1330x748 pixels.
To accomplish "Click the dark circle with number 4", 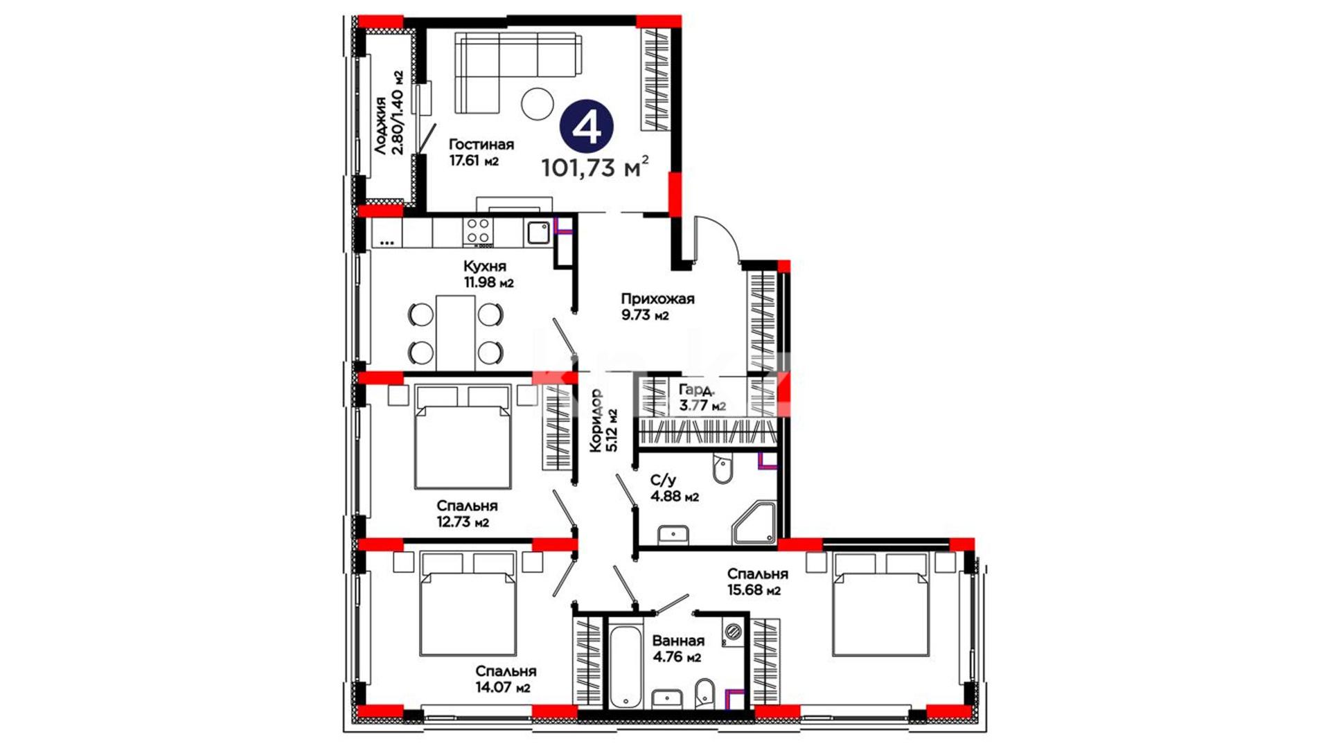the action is click(x=587, y=127).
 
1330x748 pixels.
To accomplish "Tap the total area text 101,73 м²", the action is click(x=595, y=168).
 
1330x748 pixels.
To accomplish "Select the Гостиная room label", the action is click(x=481, y=144).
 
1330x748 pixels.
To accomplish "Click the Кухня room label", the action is click(x=485, y=266).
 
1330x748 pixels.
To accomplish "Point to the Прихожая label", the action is click(x=657, y=299).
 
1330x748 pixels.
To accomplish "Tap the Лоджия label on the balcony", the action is click(x=380, y=125).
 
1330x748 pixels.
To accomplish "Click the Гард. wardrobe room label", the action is click(x=695, y=389).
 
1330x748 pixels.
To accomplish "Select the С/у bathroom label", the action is click(x=663, y=480).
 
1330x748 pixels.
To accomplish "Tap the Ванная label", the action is click(x=678, y=641).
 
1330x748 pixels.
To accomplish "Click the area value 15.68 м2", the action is click(x=754, y=590).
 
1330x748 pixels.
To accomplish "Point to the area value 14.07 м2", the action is click(x=503, y=688).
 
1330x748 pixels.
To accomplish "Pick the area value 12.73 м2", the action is click(x=463, y=522).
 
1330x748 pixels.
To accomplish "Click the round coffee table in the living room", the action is click(x=538, y=104).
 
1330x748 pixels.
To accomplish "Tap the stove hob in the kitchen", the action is click(x=478, y=231).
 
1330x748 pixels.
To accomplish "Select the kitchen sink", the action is click(x=538, y=233).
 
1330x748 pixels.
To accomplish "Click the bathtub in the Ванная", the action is click(x=624, y=667).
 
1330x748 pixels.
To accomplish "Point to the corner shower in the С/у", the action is click(x=754, y=523).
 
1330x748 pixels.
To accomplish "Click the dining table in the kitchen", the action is click(x=456, y=333).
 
